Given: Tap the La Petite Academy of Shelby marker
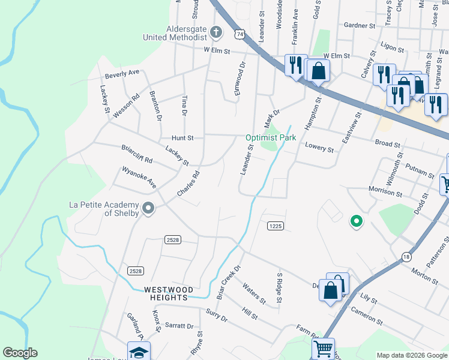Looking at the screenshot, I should (148, 209).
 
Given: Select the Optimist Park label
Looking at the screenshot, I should (271, 137).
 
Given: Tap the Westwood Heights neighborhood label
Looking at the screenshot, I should (166, 293).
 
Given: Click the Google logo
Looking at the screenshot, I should (20, 353).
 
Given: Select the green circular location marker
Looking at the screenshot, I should (357, 222).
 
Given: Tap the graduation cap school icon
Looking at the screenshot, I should (139, 351).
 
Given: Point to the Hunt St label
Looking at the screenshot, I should (182, 137).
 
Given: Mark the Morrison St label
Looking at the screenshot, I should (385, 193).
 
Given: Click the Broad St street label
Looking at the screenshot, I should (387, 144).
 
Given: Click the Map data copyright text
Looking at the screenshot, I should (411, 355).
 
